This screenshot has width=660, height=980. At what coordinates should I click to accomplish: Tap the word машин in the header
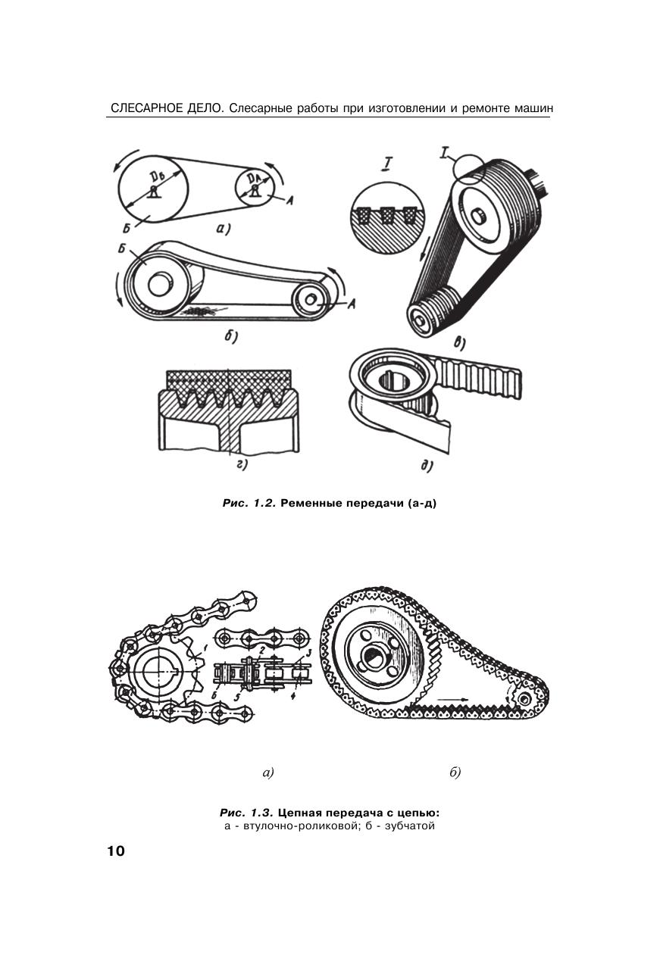[x=533, y=108]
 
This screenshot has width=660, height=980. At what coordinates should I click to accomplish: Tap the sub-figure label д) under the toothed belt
[x=427, y=466]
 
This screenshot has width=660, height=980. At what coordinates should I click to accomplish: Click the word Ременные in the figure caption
[x=311, y=503]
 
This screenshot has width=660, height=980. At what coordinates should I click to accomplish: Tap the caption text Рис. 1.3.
[x=246, y=813]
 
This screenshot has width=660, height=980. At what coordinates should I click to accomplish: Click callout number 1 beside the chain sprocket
[x=205, y=646]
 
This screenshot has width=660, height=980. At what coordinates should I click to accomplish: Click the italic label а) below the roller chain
[x=267, y=773]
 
